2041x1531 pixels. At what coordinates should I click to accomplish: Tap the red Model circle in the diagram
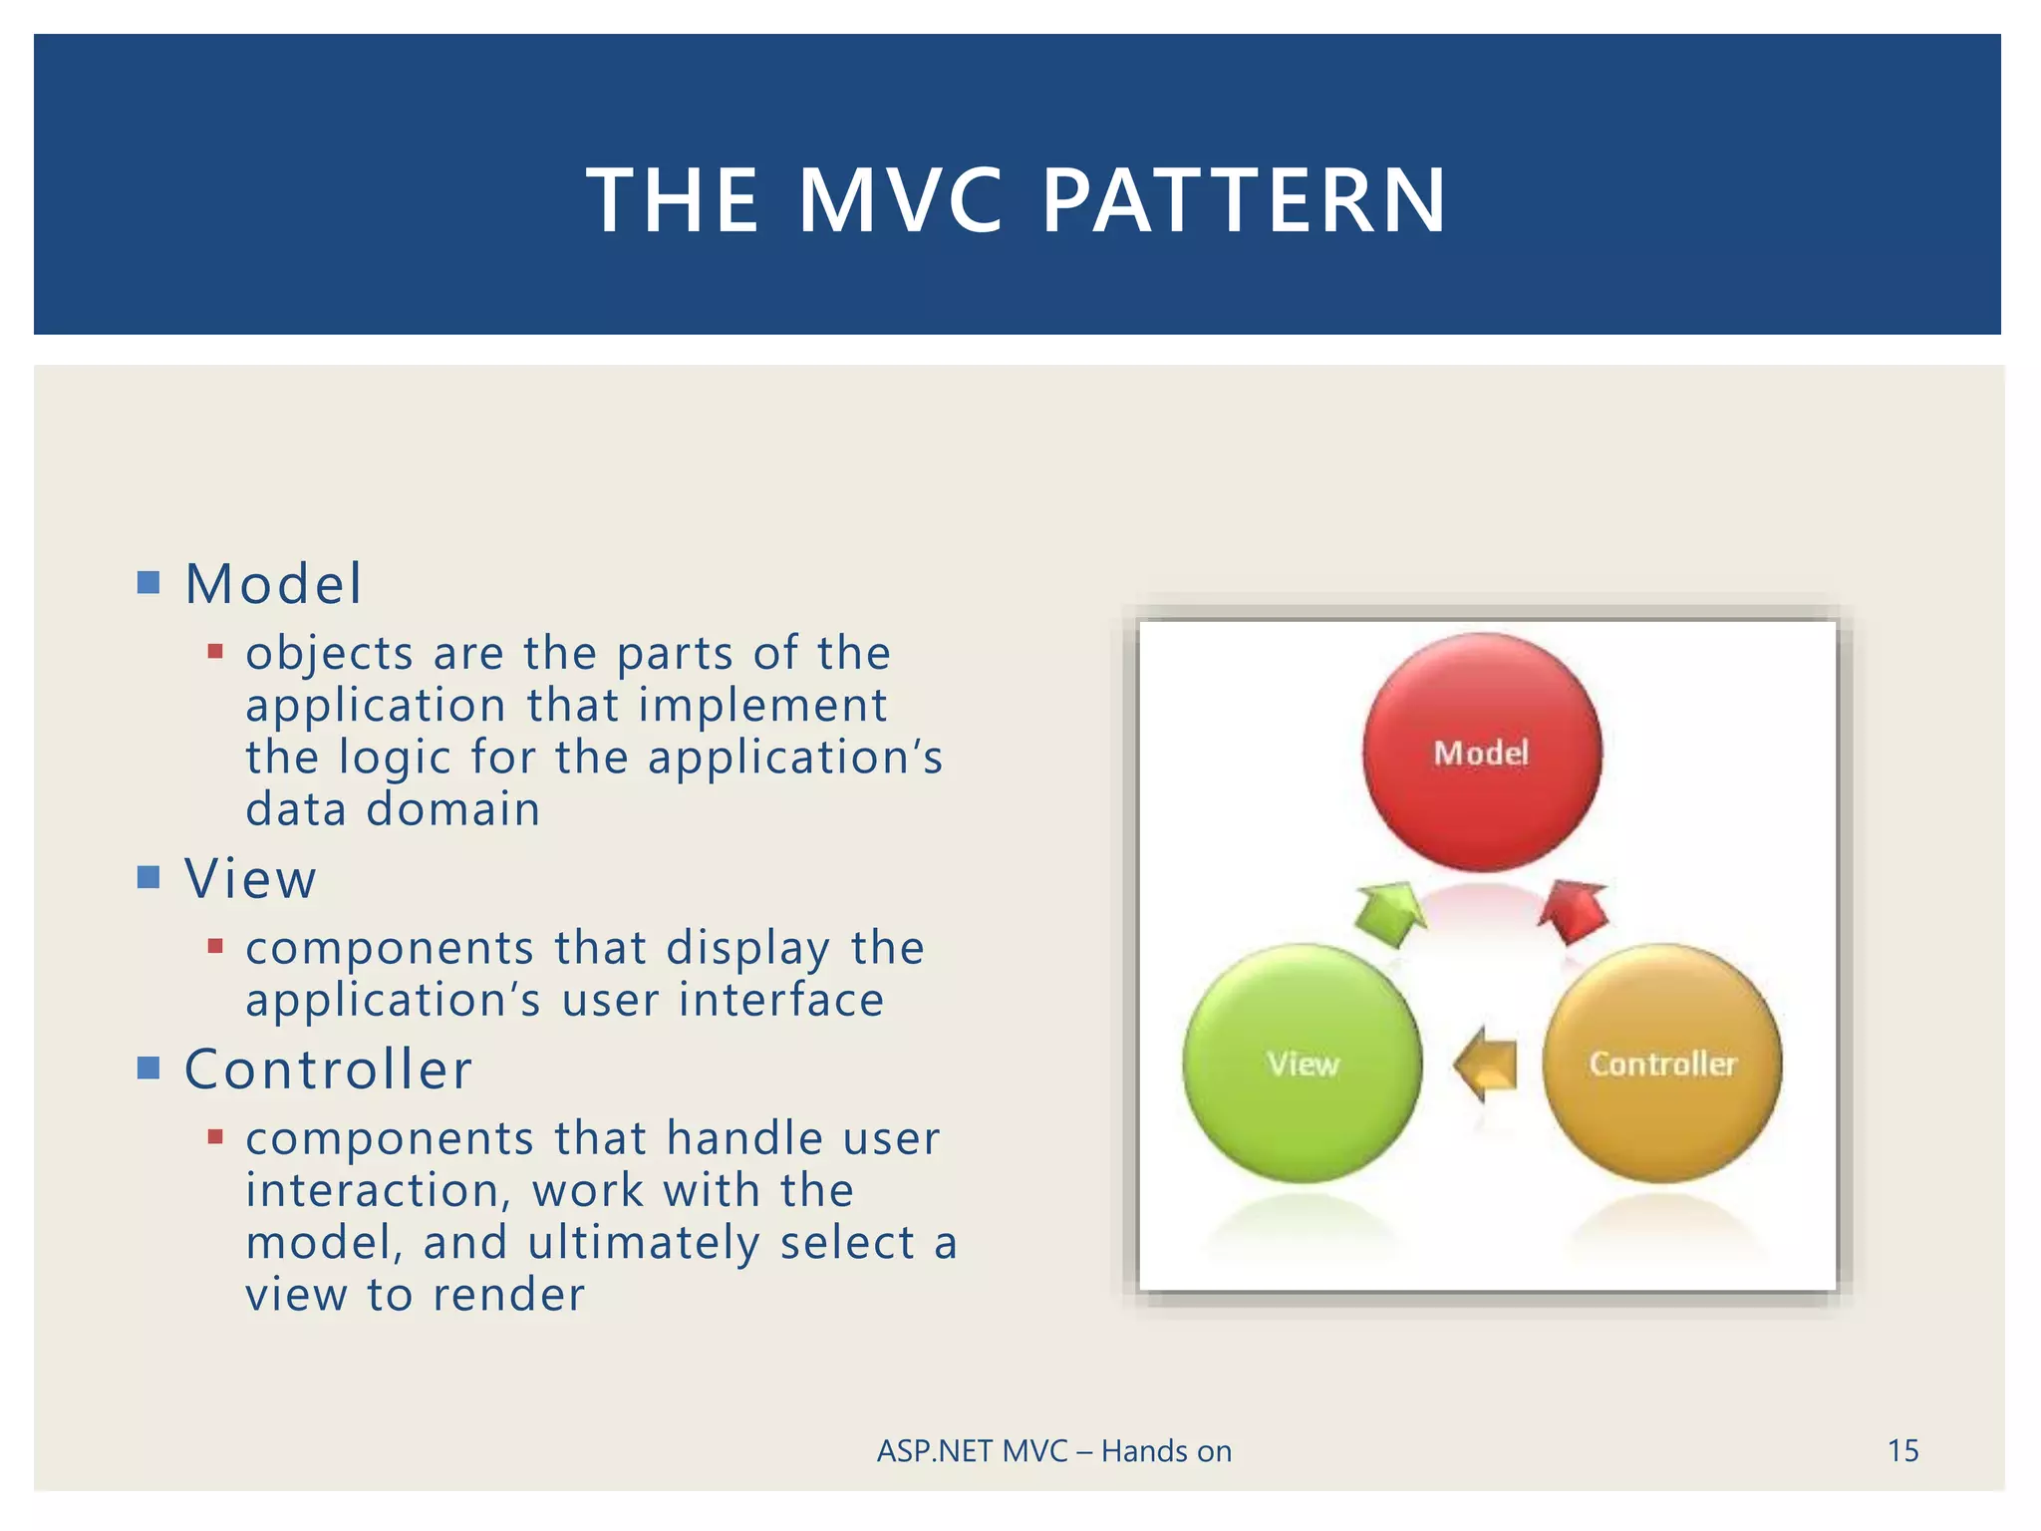pyautogui.click(x=1482, y=753)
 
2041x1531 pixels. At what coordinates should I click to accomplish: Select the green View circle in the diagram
pyautogui.click(x=1302, y=1063)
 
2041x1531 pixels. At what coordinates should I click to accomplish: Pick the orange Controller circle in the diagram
pyautogui.click(x=1661, y=1063)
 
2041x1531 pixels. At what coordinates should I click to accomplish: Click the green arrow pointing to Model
pyautogui.click(x=1388, y=911)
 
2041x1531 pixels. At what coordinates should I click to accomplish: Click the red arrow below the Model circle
pyautogui.click(x=1574, y=909)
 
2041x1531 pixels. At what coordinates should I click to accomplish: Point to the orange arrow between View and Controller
pyautogui.click(x=1486, y=1064)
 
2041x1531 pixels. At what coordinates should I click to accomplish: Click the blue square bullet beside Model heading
pyautogui.click(x=148, y=582)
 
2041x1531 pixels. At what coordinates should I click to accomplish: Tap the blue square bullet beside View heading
pyautogui.click(x=148, y=877)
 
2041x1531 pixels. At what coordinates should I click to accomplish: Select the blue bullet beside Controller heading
pyautogui.click(x=148, y=1069)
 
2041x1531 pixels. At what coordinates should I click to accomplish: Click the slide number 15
pyautogui.click(x=1901, y=1450)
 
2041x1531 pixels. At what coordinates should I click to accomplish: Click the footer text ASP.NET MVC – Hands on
pyautogui.click(x=1053, y=1451)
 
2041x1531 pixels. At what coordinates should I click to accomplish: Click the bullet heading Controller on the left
pyautogui.click(x=329, y=1070)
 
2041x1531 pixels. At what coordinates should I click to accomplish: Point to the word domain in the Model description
pyautogui.click(x=452, y=808)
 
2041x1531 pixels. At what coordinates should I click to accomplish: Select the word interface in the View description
pyautogui.click(x=780, y=1000)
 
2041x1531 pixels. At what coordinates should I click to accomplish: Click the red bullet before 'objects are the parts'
pyautogui.click(x=215, y=652)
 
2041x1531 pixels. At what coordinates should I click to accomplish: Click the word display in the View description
pyautogui.click(x=747, y=948)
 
